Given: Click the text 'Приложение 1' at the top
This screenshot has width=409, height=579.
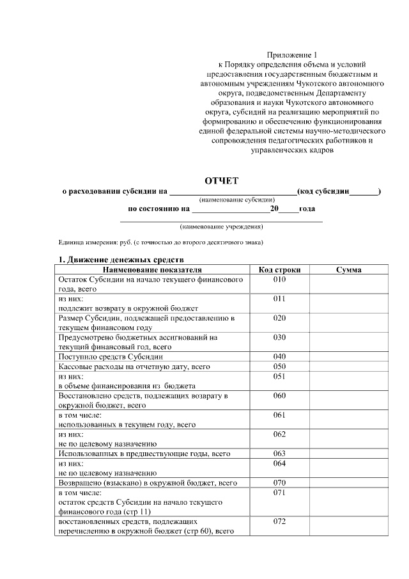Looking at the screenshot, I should click(x=291, y=56).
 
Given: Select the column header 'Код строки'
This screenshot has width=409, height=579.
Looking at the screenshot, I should click(x=279, y=270).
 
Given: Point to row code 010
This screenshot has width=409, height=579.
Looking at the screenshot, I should click(x=279, y=280).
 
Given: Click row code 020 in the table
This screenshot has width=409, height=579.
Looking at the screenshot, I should click(x=279, y=318).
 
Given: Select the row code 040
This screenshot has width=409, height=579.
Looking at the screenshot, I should click(x=279, y=356).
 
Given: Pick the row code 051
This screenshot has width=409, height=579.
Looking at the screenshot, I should click(x=279, y=377).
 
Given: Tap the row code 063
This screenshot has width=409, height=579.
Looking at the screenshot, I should click(x=279, y=454).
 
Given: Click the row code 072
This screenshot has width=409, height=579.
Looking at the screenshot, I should click(x=279, y=521).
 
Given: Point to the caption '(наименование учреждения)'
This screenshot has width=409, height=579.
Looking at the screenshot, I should click(x=222, y=226).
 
